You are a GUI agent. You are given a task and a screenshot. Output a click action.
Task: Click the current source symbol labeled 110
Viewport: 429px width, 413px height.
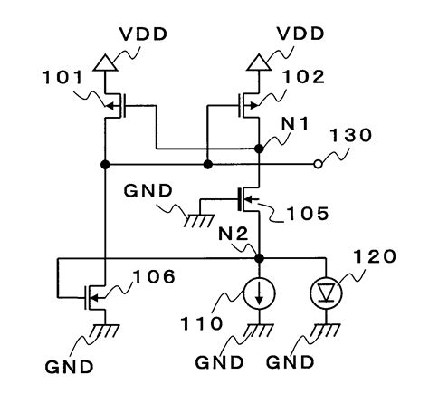258,293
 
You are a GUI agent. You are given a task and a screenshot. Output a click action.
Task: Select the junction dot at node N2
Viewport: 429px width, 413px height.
259,258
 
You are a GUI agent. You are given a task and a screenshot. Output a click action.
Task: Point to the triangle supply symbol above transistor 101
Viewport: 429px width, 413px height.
104,62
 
